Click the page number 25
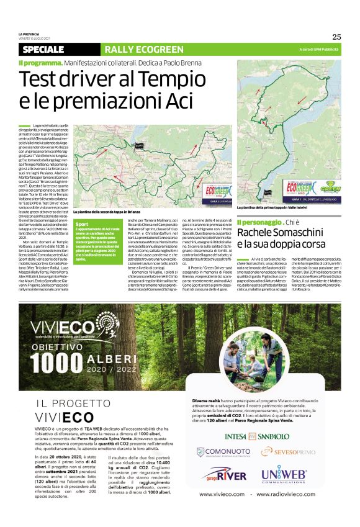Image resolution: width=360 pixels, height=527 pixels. [x=336, y=37]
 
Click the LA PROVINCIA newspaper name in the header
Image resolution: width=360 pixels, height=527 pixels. [x=30, y=34]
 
